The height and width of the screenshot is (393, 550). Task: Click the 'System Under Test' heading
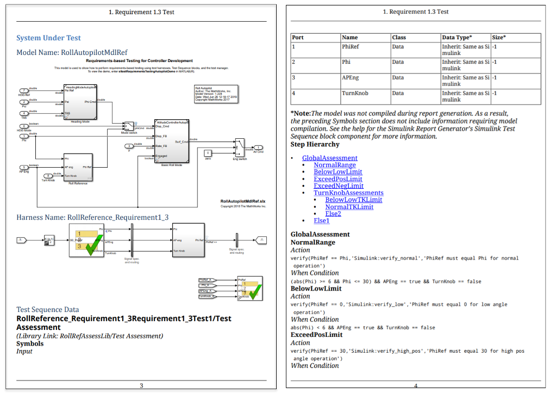48,38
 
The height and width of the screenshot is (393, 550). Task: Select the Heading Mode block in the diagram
80,102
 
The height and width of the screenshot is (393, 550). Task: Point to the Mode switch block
129,127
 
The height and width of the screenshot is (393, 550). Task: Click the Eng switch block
239,148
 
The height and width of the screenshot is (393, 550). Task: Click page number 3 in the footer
141,386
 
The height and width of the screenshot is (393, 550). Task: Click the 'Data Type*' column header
457,38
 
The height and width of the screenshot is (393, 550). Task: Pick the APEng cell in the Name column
351,77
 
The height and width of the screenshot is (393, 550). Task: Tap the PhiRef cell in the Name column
351,47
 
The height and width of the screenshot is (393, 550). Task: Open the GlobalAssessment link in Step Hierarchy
329,158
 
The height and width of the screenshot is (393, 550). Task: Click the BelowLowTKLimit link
353,200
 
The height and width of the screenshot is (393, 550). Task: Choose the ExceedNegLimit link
338,186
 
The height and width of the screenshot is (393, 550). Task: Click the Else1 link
321,220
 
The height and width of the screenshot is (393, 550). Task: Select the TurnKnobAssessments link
348,193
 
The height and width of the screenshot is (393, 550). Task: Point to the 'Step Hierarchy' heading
315,145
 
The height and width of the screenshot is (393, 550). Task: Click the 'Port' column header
298,38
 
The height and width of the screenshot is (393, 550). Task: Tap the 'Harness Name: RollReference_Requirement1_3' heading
92,217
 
